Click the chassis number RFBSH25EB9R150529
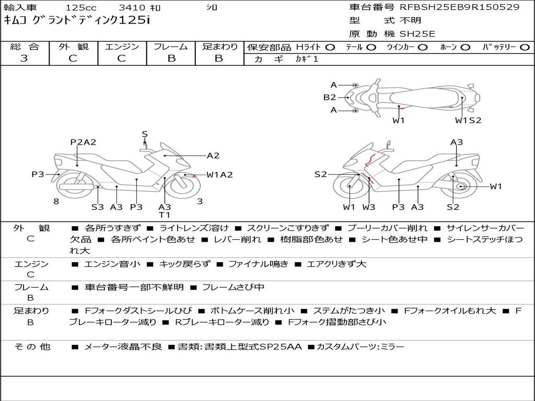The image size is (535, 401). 459,7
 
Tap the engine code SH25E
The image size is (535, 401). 417,34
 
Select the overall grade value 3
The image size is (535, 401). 24,58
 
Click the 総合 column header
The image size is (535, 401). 25,47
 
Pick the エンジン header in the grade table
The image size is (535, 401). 122,47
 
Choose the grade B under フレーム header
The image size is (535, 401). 171,58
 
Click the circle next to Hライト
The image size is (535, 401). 330,48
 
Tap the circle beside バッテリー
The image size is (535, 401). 525,48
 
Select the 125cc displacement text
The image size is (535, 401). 80,8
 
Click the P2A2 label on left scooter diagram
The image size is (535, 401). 83,142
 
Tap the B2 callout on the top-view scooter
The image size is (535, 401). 329,97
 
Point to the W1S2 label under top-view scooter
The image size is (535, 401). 468,121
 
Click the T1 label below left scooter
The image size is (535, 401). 165,215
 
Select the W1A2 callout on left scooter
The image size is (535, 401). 219,175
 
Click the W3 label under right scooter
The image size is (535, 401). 369,207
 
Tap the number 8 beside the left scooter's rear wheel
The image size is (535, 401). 56,201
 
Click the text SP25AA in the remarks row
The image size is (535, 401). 283,347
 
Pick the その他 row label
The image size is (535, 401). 31,347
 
